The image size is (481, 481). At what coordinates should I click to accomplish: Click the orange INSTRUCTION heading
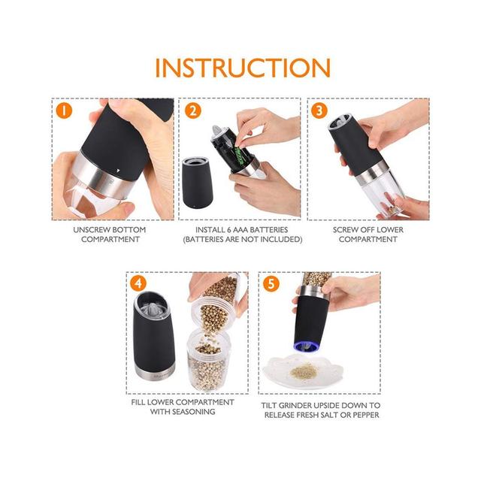[243, 68]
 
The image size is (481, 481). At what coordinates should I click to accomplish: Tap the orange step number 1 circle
[64, 110]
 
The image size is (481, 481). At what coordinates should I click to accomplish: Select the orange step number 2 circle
[193, 110]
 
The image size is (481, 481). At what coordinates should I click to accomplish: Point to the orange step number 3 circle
[319, 110]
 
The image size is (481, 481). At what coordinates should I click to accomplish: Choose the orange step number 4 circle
[138, 283]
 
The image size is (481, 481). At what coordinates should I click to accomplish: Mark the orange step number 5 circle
[271, 284]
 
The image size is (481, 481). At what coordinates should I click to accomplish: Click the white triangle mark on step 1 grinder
[118, 169]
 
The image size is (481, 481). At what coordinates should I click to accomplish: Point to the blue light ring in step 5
[306, 346]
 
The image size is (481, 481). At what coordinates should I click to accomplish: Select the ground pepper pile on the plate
[304, 371]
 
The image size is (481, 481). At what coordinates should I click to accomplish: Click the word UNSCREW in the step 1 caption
[91, 230]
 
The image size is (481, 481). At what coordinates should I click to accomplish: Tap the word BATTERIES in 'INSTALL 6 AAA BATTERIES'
[268, 230]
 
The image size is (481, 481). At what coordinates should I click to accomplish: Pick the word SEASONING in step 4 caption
[194, 412]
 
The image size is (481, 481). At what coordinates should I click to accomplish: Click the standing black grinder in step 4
[154, 335]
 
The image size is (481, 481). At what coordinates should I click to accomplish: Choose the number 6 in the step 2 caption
[229, 230]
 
